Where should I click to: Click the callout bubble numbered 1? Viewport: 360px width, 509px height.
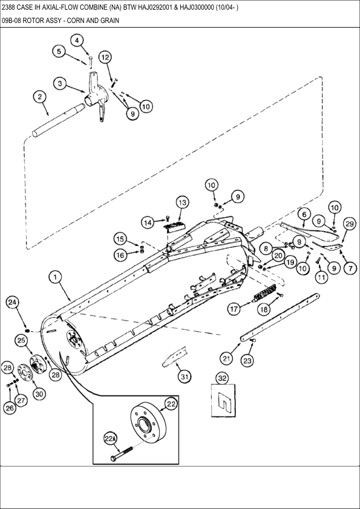tap(55, 277)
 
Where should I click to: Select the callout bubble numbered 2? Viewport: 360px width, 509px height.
tap(40, 97)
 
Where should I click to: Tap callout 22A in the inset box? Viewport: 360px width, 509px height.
tap(110, 439)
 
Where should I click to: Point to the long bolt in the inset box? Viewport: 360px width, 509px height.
tap(122, 454)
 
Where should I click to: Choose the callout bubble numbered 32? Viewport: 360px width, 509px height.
tap(222, 378)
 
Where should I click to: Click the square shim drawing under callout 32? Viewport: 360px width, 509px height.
tap(223, 400)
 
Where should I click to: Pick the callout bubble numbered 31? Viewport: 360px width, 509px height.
tap(185, 377)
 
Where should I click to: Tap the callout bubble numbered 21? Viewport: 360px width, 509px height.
tap(226, 358)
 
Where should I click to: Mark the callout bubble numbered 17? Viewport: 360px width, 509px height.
tap(234, 309)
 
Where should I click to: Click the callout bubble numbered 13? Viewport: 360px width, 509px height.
tap(183, 203)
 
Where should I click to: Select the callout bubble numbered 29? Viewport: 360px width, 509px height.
tap(349, 224)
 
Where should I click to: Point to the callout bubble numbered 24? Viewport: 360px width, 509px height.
tap(12, 302)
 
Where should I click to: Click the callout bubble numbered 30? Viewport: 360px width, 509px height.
tap(39, 394)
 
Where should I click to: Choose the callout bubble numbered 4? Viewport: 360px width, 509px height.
tap(77, 41)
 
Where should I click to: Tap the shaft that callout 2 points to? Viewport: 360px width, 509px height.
tap(56, 120)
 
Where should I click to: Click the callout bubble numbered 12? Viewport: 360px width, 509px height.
tap(105, 57)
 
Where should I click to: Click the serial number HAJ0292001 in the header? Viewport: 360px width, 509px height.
tap(154, 7)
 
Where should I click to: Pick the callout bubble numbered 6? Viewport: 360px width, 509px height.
tap(304, 215)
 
